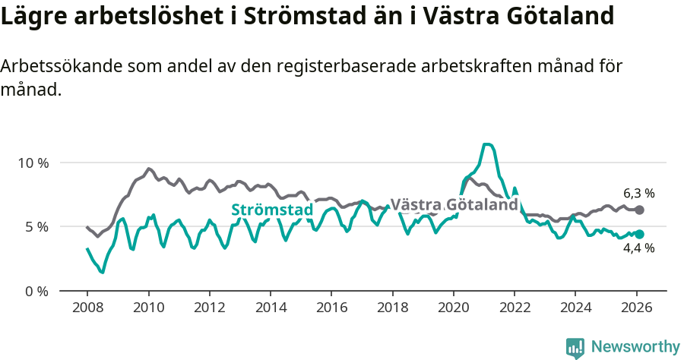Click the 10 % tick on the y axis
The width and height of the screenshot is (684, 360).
click(x=33, y=163)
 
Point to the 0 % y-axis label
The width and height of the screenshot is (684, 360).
click(x=36, y=291)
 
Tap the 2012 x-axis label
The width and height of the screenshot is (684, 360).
click(x=209, y=308)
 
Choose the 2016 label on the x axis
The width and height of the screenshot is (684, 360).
click(x=331, y=308)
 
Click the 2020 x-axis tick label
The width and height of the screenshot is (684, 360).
click(x=454, y=308)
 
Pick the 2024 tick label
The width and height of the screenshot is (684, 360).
click(x=575, y=308)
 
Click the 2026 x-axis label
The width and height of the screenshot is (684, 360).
click(x=637, y=308)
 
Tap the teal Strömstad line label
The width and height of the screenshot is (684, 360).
click(x=272, y=210)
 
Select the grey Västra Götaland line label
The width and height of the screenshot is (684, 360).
click(x=454, y=205)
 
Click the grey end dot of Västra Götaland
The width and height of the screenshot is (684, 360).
click(x=639, y=210)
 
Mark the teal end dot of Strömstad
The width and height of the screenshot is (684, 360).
click(x=639, y=235)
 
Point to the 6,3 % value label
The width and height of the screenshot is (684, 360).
click(x=638, y=193)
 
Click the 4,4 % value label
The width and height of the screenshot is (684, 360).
click(x=638, y=248)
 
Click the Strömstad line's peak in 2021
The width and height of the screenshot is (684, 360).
click(x=487, y=144)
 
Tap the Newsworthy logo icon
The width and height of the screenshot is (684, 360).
click(x=575, y=347)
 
